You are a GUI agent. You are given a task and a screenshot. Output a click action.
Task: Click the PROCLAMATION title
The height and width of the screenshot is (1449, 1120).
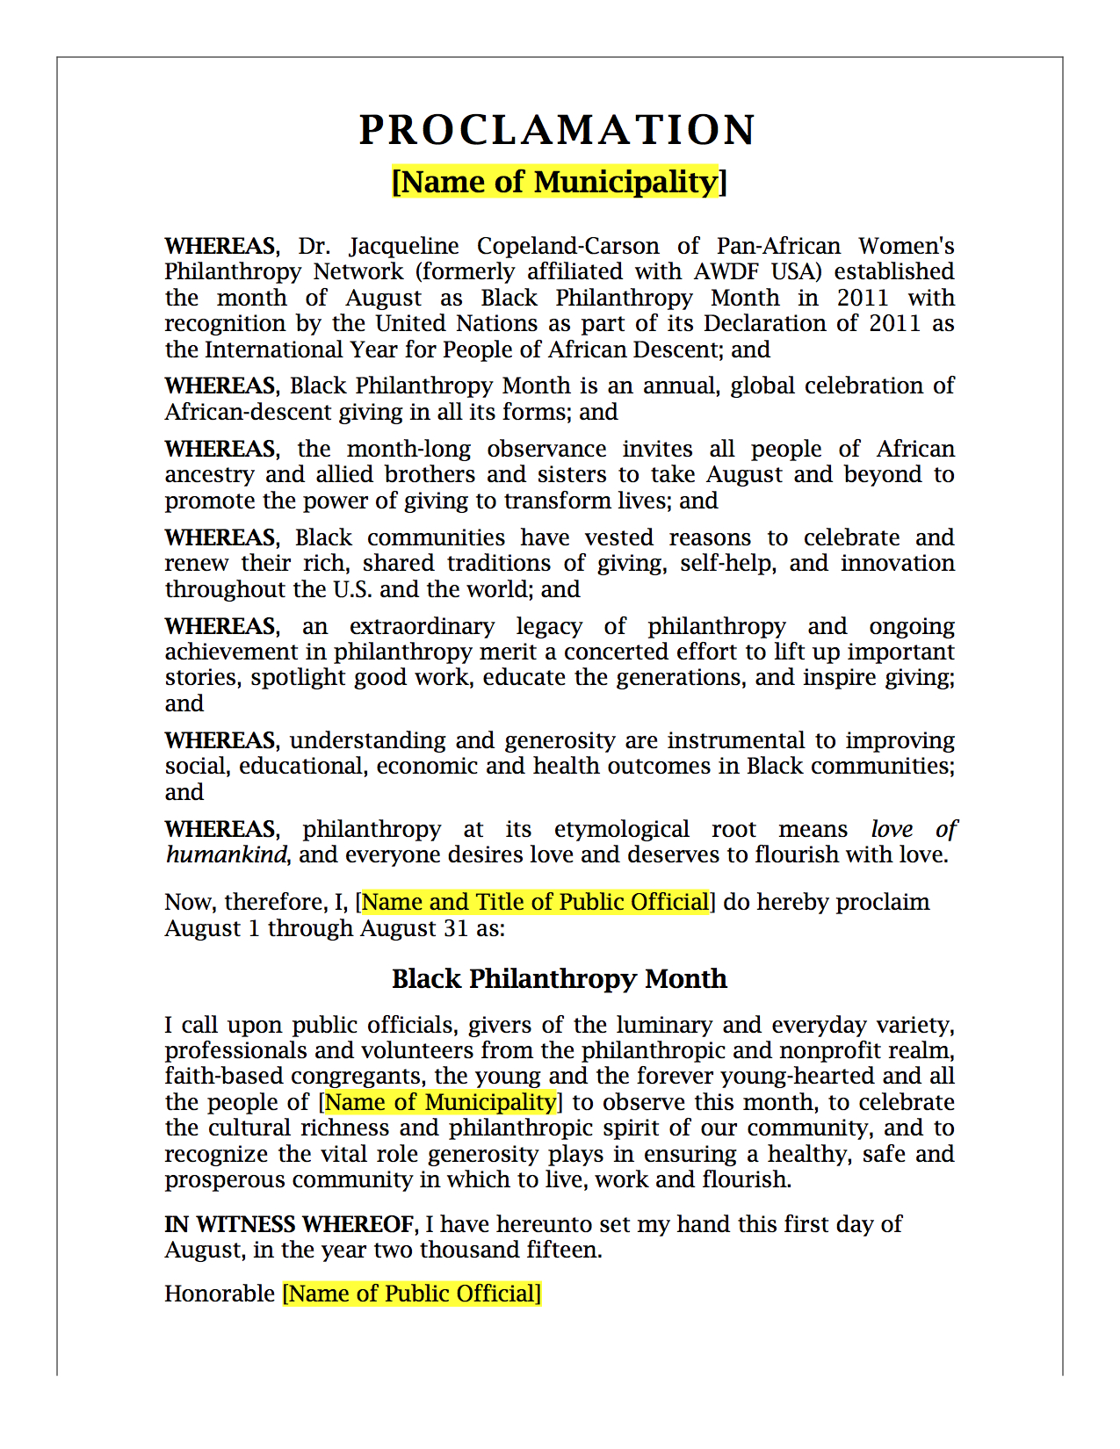(x=558, y=130)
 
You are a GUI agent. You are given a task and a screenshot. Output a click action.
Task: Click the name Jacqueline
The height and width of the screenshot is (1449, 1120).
(x=404, y=246)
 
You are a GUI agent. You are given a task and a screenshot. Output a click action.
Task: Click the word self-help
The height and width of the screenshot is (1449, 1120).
(x=728, y=563)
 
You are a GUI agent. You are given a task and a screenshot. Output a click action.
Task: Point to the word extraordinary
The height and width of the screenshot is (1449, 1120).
(x=422, y=626)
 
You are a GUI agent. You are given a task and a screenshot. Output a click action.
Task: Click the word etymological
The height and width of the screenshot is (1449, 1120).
(x=621, y=829)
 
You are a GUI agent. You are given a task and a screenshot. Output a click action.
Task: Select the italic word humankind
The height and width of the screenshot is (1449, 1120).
(x=227, y=854)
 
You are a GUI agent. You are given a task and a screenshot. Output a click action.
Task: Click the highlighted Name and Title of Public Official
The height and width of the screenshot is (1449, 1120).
(x=535, y=902)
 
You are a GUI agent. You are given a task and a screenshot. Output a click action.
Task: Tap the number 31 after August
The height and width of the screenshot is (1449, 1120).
(x=455, y=928)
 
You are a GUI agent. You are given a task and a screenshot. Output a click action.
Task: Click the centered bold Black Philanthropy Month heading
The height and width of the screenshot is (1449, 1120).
(x=560, y=978)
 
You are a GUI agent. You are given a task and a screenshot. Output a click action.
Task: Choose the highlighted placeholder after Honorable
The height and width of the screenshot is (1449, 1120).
(x=411, y=1294)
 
